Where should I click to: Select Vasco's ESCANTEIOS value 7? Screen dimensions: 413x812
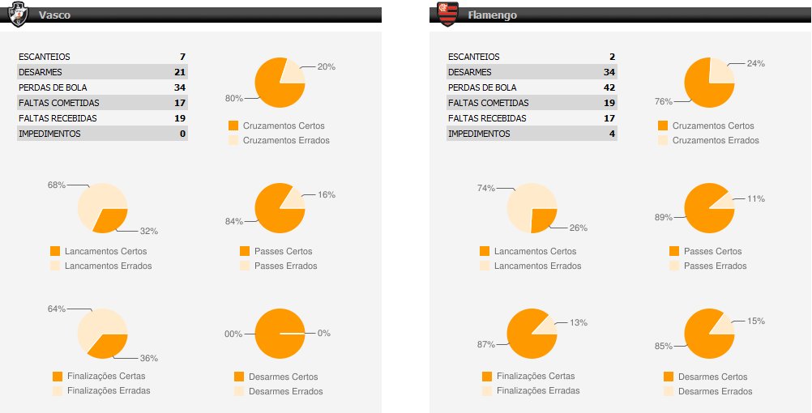(183, 57)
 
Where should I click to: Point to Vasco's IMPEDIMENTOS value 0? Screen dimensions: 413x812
(183, 134)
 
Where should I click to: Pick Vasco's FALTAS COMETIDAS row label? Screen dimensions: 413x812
(58, 103)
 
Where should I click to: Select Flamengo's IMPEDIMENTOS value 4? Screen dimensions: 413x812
(613, 134)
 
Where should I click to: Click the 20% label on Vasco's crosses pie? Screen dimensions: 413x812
(326, 66)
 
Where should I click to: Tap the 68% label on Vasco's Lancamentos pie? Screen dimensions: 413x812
(56, 185)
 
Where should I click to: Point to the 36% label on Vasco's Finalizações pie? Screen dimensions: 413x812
(148, 358)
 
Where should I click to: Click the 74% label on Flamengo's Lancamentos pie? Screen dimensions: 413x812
(485, 188)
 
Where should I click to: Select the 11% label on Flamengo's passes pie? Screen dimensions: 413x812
(755, 198)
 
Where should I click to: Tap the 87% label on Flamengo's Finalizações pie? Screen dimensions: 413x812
(485, 344)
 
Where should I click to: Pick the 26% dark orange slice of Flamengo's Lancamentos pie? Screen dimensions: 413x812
(544, 219)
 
